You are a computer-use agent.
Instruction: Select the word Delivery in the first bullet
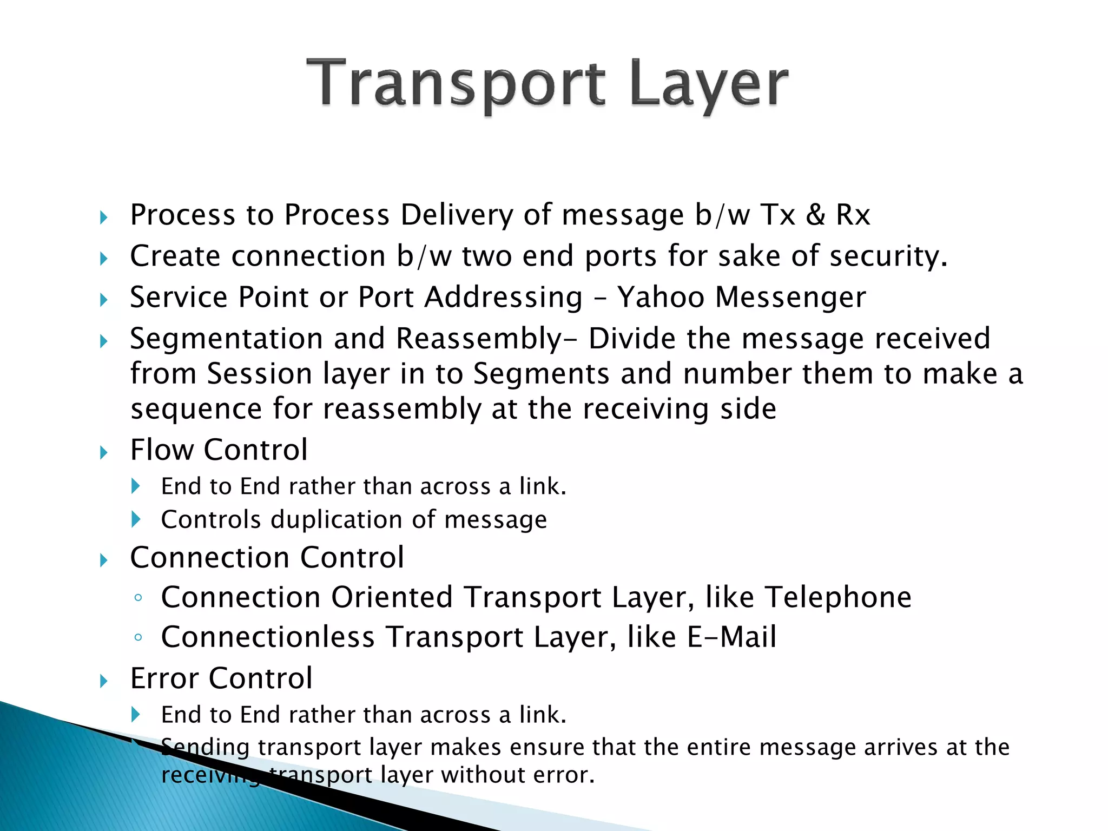tap(456, 215)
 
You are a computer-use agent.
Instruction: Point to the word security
tap(887, 256)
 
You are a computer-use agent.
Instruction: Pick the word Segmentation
tap(226, 339)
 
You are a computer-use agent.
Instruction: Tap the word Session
tap(259, 374)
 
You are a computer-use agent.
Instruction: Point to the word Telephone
tap(838, 598)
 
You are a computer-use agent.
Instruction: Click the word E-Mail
tap(731, 637)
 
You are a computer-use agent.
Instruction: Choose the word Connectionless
tap(268, 637)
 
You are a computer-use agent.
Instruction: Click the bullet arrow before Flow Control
tap(104, 452)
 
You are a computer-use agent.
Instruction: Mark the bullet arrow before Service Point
tap(104, 299)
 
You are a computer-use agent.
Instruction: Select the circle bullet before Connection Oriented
tap(138, 598)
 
